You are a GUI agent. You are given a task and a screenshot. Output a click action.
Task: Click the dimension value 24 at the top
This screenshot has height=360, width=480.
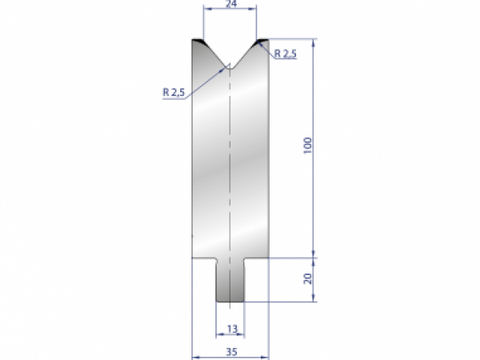tap(230, 4)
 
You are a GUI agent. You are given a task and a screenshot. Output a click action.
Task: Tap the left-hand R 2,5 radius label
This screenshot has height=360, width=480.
tap(174, 92)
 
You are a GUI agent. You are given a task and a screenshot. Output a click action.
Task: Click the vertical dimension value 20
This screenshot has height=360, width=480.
tap(308, 280)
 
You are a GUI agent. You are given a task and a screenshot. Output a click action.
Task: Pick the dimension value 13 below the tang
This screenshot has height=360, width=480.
tap(231, 328)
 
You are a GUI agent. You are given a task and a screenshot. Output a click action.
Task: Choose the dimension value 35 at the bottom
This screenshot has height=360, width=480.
tap(231, 350)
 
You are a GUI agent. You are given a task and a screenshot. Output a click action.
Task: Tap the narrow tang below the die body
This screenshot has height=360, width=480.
tap(230, 280)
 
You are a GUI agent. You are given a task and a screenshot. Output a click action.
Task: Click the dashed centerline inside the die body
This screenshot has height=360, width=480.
tap(230, 160)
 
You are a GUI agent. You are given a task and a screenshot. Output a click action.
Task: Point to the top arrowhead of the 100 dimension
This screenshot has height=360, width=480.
tap(314, 42)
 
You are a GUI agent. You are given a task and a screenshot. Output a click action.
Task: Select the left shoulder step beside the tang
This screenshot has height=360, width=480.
tap(205, 259)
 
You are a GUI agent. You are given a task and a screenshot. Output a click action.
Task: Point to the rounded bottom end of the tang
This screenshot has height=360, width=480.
tap(230, 301)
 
